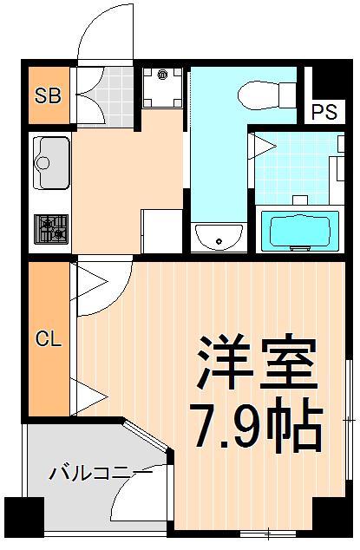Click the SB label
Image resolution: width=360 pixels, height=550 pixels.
48,96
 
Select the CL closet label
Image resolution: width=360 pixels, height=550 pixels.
48,338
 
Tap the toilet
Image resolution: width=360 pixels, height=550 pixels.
259,91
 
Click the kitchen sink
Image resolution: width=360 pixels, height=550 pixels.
51,160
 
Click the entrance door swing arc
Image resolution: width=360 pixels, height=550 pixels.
107,35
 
